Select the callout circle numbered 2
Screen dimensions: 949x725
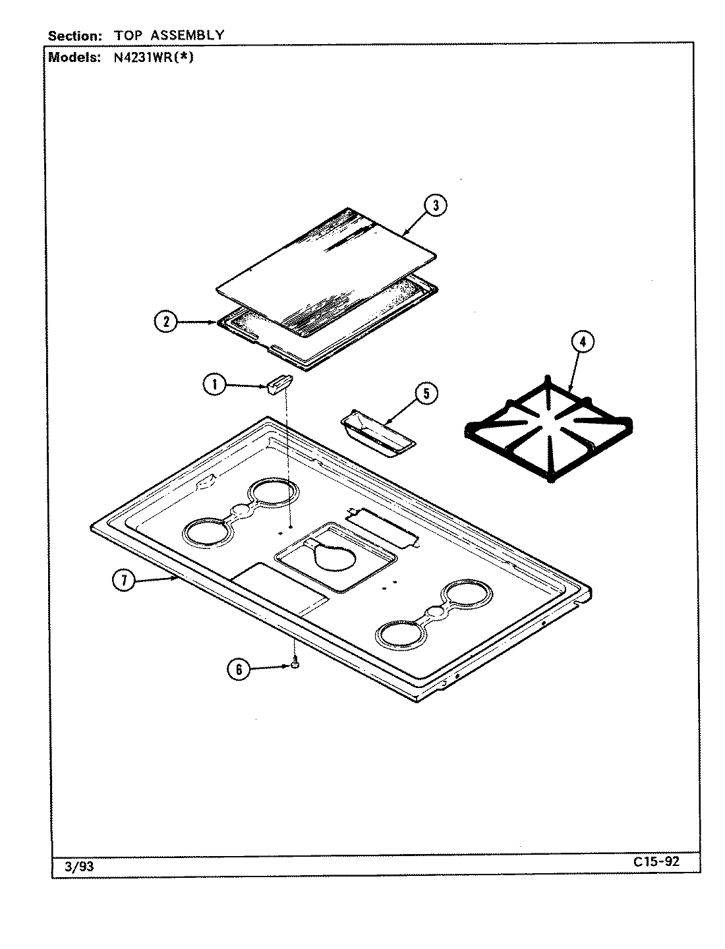point(166,322)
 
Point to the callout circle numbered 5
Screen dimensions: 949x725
point(426,394)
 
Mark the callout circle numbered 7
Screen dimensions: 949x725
point(123,581)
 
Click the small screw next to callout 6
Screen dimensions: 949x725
point(295,665)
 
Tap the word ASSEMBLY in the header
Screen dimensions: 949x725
point(190,35)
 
